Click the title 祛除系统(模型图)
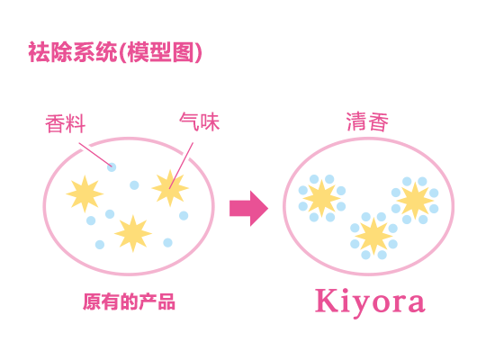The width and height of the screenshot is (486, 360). pos(115,52)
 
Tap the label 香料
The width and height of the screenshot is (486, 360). pos(66,123)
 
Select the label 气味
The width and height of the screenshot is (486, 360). pos(200,121)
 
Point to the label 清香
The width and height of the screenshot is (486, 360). pos(367,121)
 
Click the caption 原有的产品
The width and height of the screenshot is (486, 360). pos(129,301)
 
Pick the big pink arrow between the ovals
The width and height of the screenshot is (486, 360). pos(249,209)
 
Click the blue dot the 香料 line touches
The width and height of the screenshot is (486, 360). pos(112,167)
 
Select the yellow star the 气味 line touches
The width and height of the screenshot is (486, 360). pos(170,188)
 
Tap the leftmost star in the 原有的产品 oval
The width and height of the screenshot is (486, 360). pos(85,193)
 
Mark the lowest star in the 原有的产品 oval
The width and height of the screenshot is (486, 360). pos(133,233)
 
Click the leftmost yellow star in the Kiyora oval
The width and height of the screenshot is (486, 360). pos(321,198)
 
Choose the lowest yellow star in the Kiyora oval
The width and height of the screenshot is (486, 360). pos(373,236)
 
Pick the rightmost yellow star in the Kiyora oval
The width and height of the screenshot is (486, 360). pos(415,201)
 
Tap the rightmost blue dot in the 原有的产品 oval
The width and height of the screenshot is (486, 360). pos(184,215)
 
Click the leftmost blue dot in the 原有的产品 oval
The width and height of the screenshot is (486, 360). pos(91,220)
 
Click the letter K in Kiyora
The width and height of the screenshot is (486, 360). pos(326,301)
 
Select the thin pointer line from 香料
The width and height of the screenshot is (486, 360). pos(95,155)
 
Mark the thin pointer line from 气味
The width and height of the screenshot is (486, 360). pos(181,166)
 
